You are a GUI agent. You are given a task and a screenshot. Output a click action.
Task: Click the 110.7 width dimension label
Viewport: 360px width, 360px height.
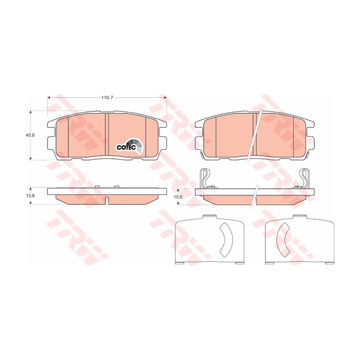(x=107, y=98)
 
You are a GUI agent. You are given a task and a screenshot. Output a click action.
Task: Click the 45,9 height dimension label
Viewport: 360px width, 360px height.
(x=30, y=135)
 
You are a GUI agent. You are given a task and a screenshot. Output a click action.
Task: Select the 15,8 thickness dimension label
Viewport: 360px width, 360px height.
(x=30, y=196)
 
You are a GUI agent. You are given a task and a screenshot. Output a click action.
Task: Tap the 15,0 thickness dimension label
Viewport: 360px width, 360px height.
(x=178, y=197)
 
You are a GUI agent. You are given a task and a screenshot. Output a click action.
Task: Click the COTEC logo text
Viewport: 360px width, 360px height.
(x=126, y=148)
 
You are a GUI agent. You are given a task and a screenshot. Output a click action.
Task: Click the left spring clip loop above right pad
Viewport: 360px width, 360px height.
(x=204, y=178)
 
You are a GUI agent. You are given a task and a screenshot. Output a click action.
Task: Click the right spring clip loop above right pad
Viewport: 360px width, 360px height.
(x=305, y=178)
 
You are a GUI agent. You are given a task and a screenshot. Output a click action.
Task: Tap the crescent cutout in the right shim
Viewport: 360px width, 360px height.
(x=282, y=240)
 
